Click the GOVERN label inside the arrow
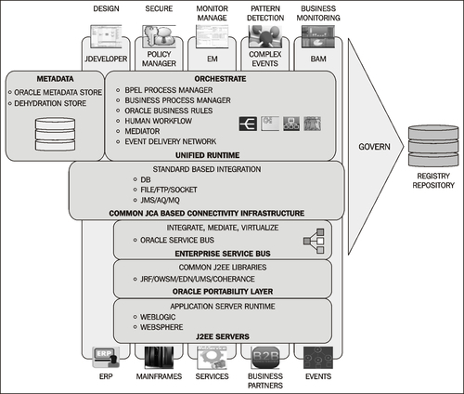tap(374, 147)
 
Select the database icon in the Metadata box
tap(55, 134)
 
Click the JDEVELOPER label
tap(106, 59)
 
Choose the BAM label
tap(318, 59)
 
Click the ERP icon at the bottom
tap(106, 358)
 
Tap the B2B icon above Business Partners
tap(265, 358)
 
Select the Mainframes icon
tap(159, 358)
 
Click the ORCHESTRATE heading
tap(220, 79)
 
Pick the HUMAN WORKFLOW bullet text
tap(158, 121)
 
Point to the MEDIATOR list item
tap(142, 131)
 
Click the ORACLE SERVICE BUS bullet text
tap(177, 240)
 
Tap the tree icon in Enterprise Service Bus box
tap(314, 241)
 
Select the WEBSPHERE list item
tap(161, 327)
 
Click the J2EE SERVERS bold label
tap(223, 336)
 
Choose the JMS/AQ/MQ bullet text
tap(160, 200)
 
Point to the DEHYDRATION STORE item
tap(50, 103)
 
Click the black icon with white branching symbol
tap(248, 124)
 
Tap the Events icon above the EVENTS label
tap(318, 358)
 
